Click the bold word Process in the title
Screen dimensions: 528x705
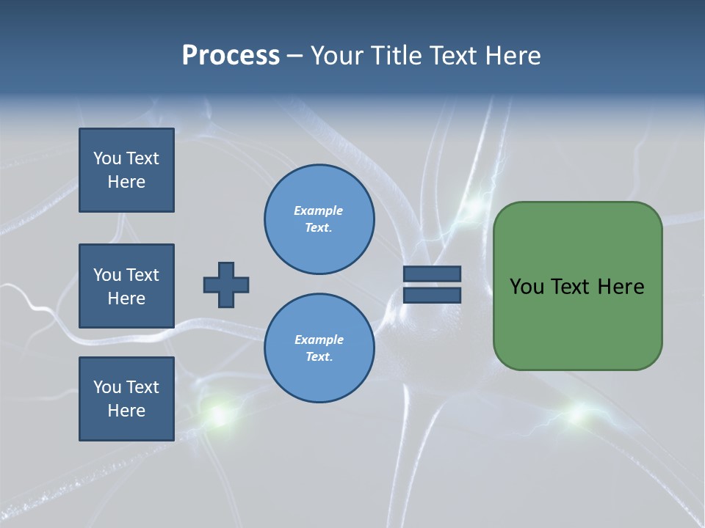(x=231, y=56)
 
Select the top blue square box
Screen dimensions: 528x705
(x=126, y=170)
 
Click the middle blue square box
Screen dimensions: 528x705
(x=126, y=286)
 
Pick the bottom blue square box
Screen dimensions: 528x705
(x=126, y=399)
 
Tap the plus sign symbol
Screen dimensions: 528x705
(x=226, y=285)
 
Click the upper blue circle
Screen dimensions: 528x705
(x=319, y=219)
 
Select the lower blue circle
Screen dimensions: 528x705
(x=319, y=348)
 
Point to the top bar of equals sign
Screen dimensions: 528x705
(x=432, y=274)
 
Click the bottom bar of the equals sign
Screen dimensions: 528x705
(x=432, y=295)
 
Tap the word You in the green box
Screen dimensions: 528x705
(x=527, y=287)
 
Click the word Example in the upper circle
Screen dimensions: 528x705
(x=319, y=210)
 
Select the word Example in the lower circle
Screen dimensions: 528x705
(x=319, y=340)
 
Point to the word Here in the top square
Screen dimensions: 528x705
(x=126, y=182)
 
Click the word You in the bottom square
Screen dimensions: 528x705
(x=107, y=387)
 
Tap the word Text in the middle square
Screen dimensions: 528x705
(x=142, y=275)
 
